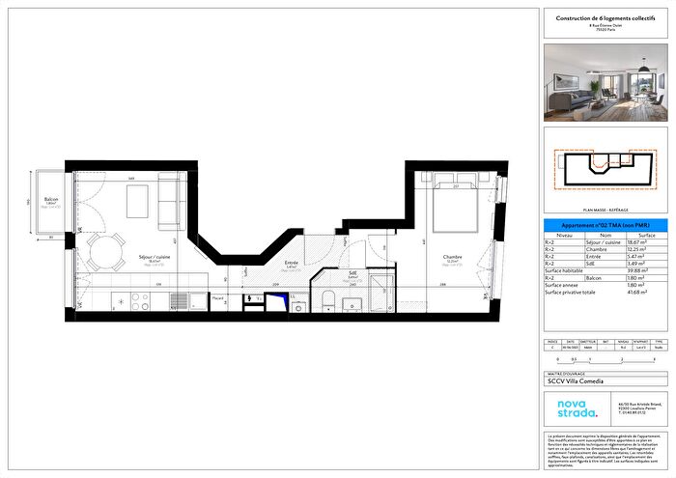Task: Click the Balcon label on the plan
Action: [51, 200]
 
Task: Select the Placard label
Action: [219, 298]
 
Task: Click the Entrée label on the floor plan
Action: [291, 263]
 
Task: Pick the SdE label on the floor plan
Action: [352, 273]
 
